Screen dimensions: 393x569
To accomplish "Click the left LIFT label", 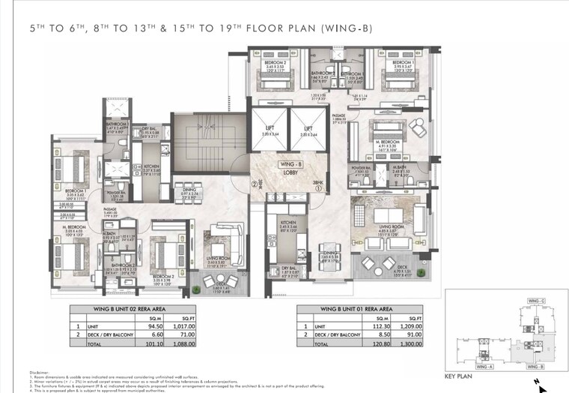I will (270, 128).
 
